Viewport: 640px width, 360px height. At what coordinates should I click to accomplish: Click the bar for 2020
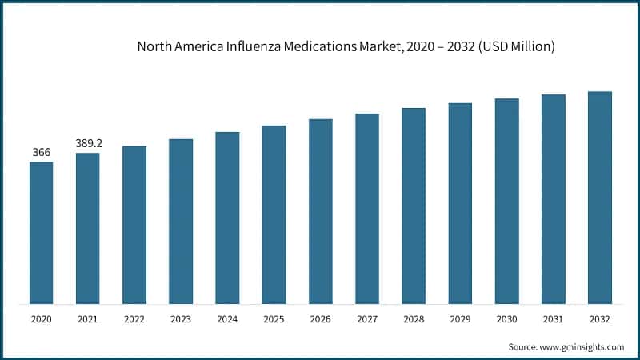click(41, 233)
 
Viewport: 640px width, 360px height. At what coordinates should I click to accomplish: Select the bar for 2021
click(87, 228)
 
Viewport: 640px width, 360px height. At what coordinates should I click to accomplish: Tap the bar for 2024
click(227, 218)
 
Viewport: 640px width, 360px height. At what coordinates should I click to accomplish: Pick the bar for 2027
click(366, 209)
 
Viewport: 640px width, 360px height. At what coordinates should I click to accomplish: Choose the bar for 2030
click(506, 201)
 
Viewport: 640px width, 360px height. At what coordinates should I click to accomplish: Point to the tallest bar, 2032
click(599, 198)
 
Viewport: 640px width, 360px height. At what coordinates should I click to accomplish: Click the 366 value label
click(41, 152)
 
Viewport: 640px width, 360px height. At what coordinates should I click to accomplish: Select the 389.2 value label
click(87, 142)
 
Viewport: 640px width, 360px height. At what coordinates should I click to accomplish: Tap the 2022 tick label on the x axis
click(134, 319)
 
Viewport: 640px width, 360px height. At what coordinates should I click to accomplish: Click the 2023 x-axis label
click(181, 319)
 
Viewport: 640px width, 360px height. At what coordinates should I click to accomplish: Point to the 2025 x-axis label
click(274, 319)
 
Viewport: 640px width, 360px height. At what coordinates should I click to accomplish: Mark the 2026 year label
click(320, 319)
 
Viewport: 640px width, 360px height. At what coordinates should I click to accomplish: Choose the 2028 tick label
click(413, 319)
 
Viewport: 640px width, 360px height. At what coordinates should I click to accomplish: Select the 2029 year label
click(460, 319)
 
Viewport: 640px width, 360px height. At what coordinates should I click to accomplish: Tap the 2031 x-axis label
click(553, 319)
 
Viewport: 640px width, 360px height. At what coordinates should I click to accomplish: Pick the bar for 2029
click(460, 203)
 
